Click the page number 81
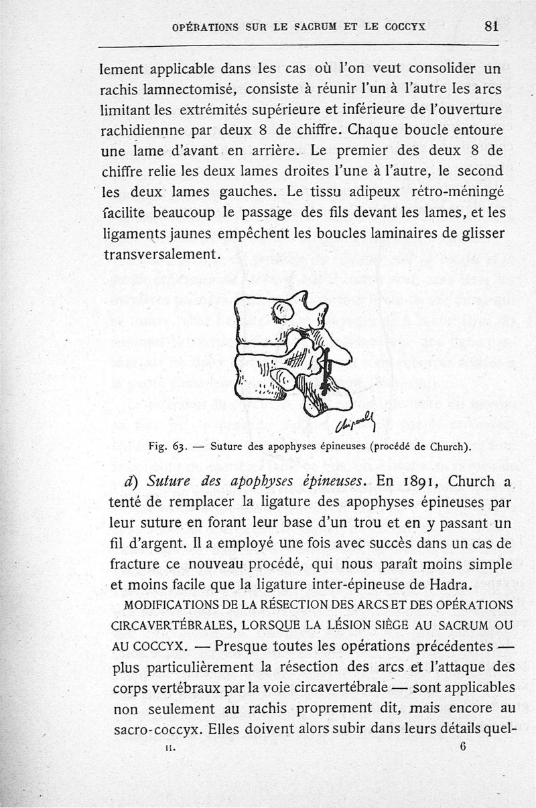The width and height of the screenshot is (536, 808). coord(492,26)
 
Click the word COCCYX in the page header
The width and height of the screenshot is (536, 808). coord(405,27)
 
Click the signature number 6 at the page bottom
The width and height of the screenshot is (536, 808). coord(463,749)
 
